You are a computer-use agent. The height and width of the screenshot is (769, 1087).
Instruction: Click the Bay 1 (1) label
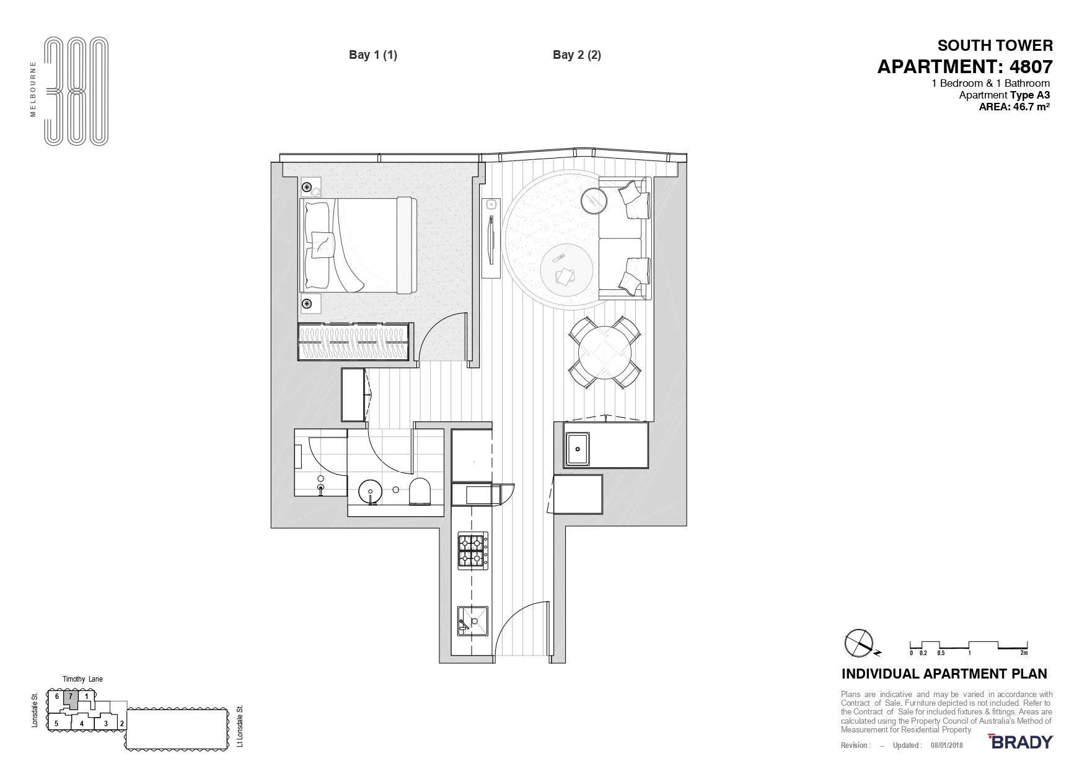[373, 55]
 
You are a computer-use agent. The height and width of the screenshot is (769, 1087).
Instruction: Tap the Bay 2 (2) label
[577, 55]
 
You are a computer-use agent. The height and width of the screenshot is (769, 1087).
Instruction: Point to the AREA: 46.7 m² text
[1014, 107]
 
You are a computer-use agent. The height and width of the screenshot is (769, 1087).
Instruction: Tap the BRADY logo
[1021, 742]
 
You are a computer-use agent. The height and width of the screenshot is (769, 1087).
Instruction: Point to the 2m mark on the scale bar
[1024, 653]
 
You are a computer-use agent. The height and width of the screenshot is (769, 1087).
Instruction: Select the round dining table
[604, 353]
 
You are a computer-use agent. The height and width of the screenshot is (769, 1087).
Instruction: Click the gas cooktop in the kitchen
[473, 551]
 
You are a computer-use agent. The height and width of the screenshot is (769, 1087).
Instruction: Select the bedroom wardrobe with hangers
[354, 341]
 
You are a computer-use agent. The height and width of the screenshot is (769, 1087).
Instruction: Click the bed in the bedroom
[359, 245]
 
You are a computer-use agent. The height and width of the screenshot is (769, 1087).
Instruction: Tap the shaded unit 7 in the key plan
[71, 698]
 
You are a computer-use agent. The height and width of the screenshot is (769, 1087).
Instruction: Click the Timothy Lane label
[82, 679]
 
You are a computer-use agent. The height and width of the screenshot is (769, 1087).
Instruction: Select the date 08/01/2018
[946, 745]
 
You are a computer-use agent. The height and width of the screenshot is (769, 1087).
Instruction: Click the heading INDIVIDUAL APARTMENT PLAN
[944, 674]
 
